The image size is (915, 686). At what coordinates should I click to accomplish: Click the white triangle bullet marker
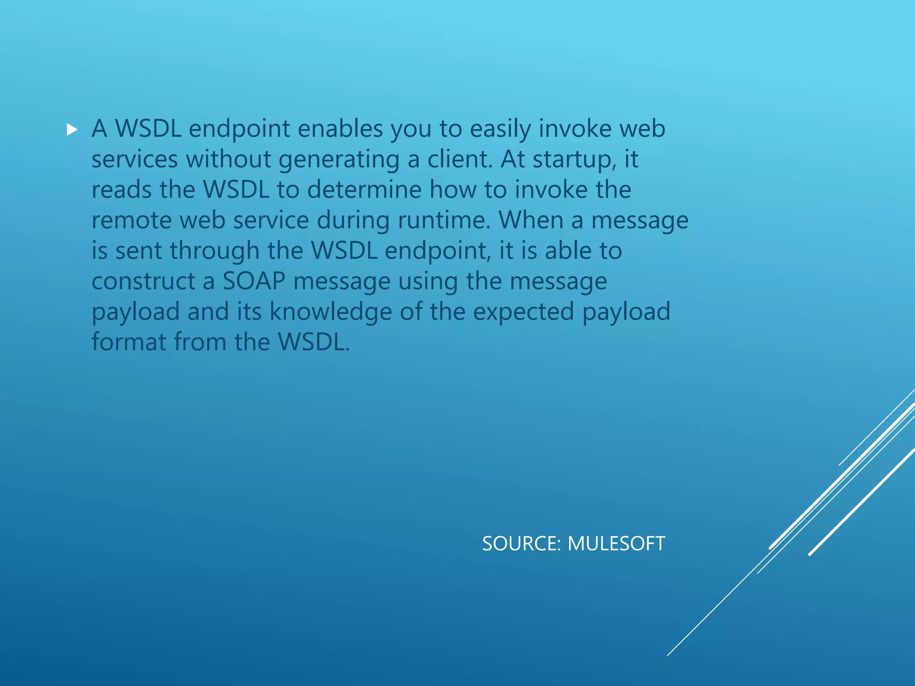72,130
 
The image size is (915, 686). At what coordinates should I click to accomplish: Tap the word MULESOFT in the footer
616,544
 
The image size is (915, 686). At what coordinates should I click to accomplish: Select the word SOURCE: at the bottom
521,544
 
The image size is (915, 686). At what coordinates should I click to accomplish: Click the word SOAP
254,281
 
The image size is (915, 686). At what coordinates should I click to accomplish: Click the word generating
339,160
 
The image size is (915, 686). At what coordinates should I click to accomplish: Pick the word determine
364,189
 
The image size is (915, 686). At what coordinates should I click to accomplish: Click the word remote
132,220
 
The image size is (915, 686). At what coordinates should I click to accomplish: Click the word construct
143,281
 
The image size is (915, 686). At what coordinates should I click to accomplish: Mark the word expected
523,312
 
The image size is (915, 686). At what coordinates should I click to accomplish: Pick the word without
228,159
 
